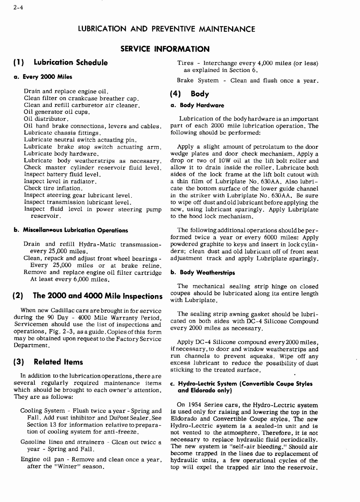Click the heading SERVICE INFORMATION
(x=165, y=49)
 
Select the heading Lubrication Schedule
(x=71, y=62)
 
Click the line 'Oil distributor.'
(x=46, y=119)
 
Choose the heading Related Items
(x=58, y=362)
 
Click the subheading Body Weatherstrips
(x=207, y=273)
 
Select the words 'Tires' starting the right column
(x=185, y=63)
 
